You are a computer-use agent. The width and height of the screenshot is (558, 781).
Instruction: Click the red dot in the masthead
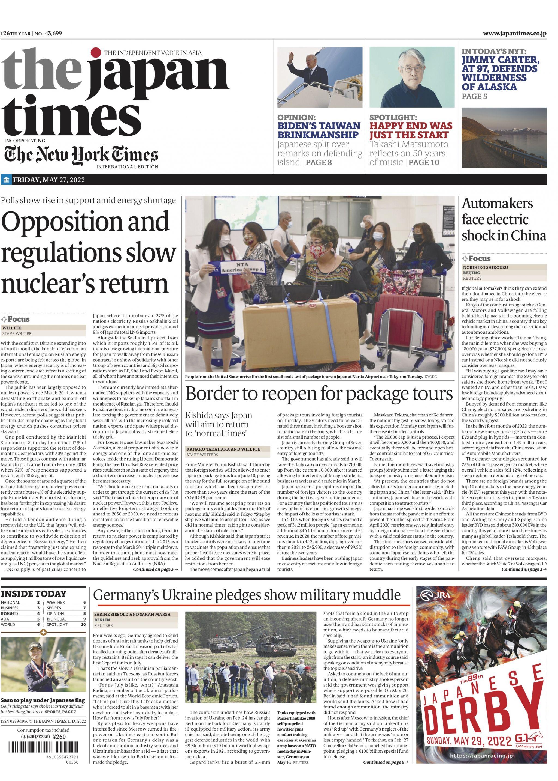(x=96, y=52)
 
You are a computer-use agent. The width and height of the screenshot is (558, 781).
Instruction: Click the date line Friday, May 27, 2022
(x=48, y=180)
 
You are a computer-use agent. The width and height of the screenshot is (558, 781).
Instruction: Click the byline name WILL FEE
(x=12, y=328)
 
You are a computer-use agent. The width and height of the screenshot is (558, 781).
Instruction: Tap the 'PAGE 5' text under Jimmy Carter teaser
(x=474, y=97)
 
